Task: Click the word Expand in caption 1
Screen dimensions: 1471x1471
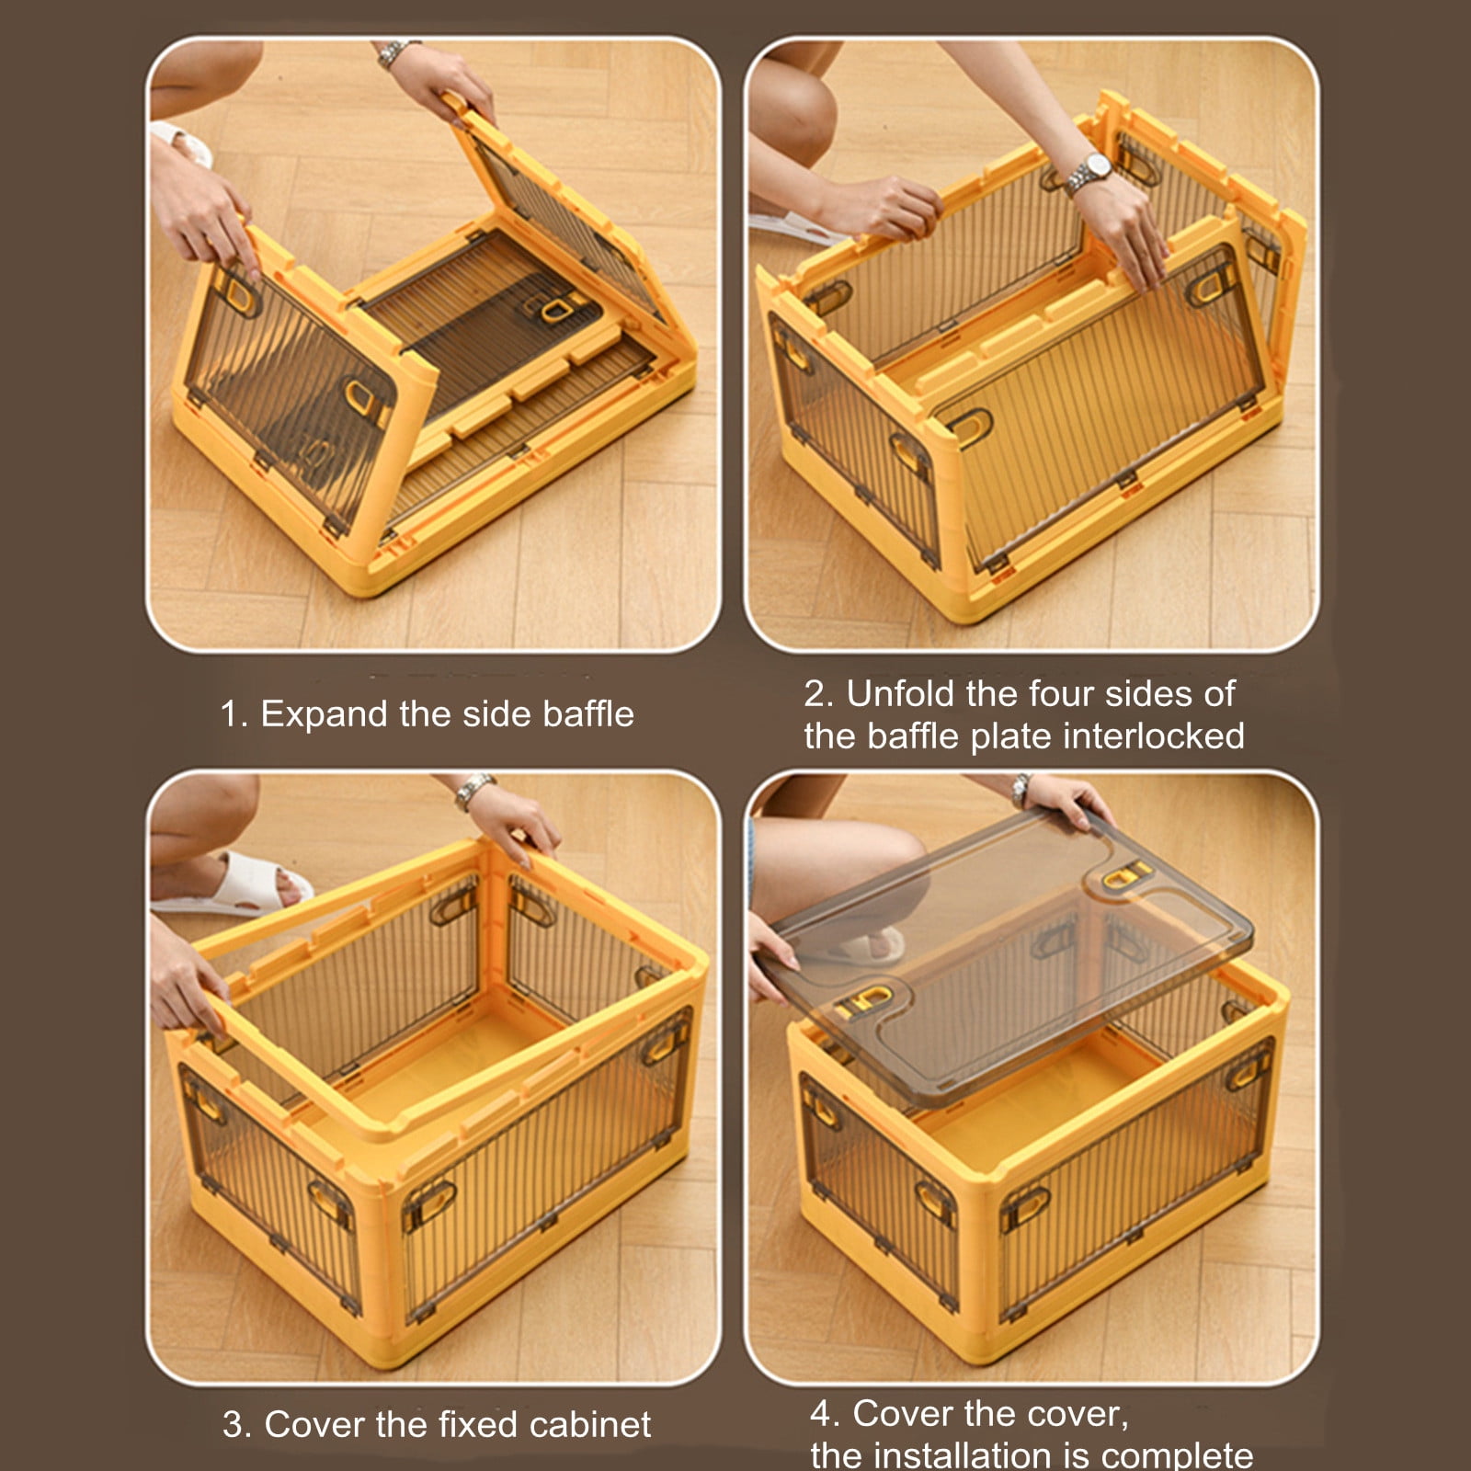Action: coord(324,715)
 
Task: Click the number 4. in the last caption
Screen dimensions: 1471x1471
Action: coord(825,1413)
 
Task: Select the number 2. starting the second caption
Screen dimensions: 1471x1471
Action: coord(818,694)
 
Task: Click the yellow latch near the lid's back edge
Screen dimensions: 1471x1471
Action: coord(1125,876)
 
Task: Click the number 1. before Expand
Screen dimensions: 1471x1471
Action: coord(234,715)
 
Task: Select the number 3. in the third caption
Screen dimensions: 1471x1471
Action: coord(237,1425)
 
